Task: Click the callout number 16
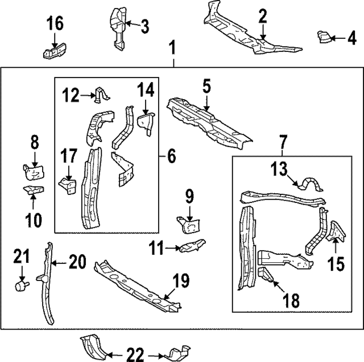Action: (x=55, y=23)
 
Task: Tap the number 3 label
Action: (x=145, y=27)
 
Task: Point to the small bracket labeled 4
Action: (x=324, y=37)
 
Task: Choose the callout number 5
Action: (x=206, y=86)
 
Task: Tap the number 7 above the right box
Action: (x=283, y=142)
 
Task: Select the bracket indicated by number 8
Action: (x=34, y=172)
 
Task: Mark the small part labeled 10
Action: (x=34, y=190)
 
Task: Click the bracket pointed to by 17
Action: (x=67, y=186)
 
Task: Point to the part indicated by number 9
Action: (x=188, y=225)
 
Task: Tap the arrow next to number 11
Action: (x=172, y=249)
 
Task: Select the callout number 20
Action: (x=77, y=262)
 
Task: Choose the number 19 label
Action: (x=181, y=280)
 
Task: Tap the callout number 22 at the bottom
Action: (x=135, y=355)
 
